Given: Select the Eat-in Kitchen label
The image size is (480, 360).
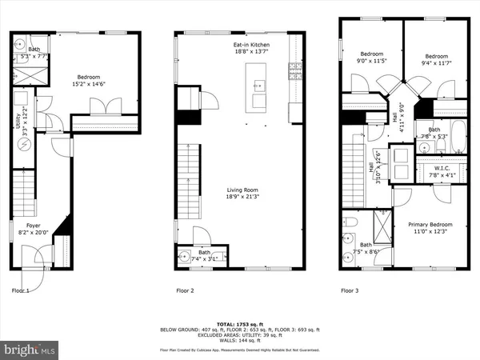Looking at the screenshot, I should (x=250, y=45).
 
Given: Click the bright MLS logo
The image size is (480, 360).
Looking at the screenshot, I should (x=30, y=350).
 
